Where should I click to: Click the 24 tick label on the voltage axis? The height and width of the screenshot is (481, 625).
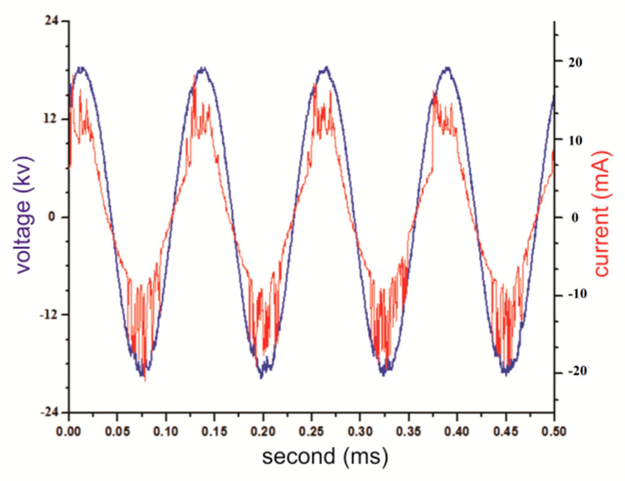tap(52, 21)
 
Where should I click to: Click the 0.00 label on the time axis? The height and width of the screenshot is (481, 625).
tap(69, 431)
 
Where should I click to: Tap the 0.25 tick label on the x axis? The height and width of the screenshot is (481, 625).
tap(311, 431)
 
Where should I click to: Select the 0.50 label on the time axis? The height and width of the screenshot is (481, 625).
tap(554, 431)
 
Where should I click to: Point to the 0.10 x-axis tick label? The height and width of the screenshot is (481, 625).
tap(166, 431)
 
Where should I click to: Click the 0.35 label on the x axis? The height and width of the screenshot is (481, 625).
tap(408, 431)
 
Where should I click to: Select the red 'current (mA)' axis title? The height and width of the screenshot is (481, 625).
tap(602, 213)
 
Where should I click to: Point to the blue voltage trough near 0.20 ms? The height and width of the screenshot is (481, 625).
tap(261, 377)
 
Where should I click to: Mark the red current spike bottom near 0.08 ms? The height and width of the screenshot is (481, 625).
tap(145, 380)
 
